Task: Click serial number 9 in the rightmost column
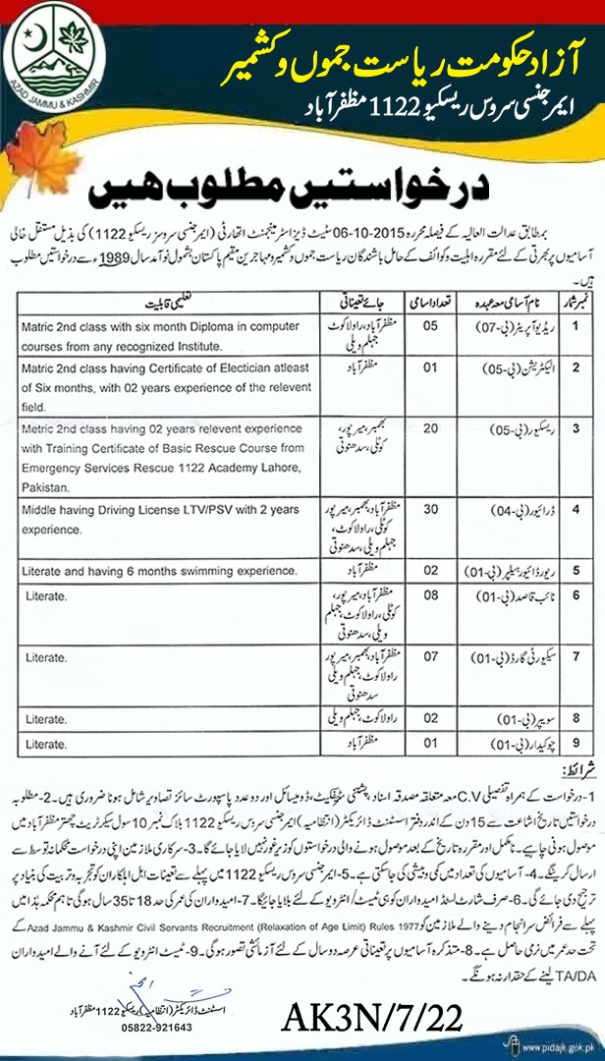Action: pos(584,744)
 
